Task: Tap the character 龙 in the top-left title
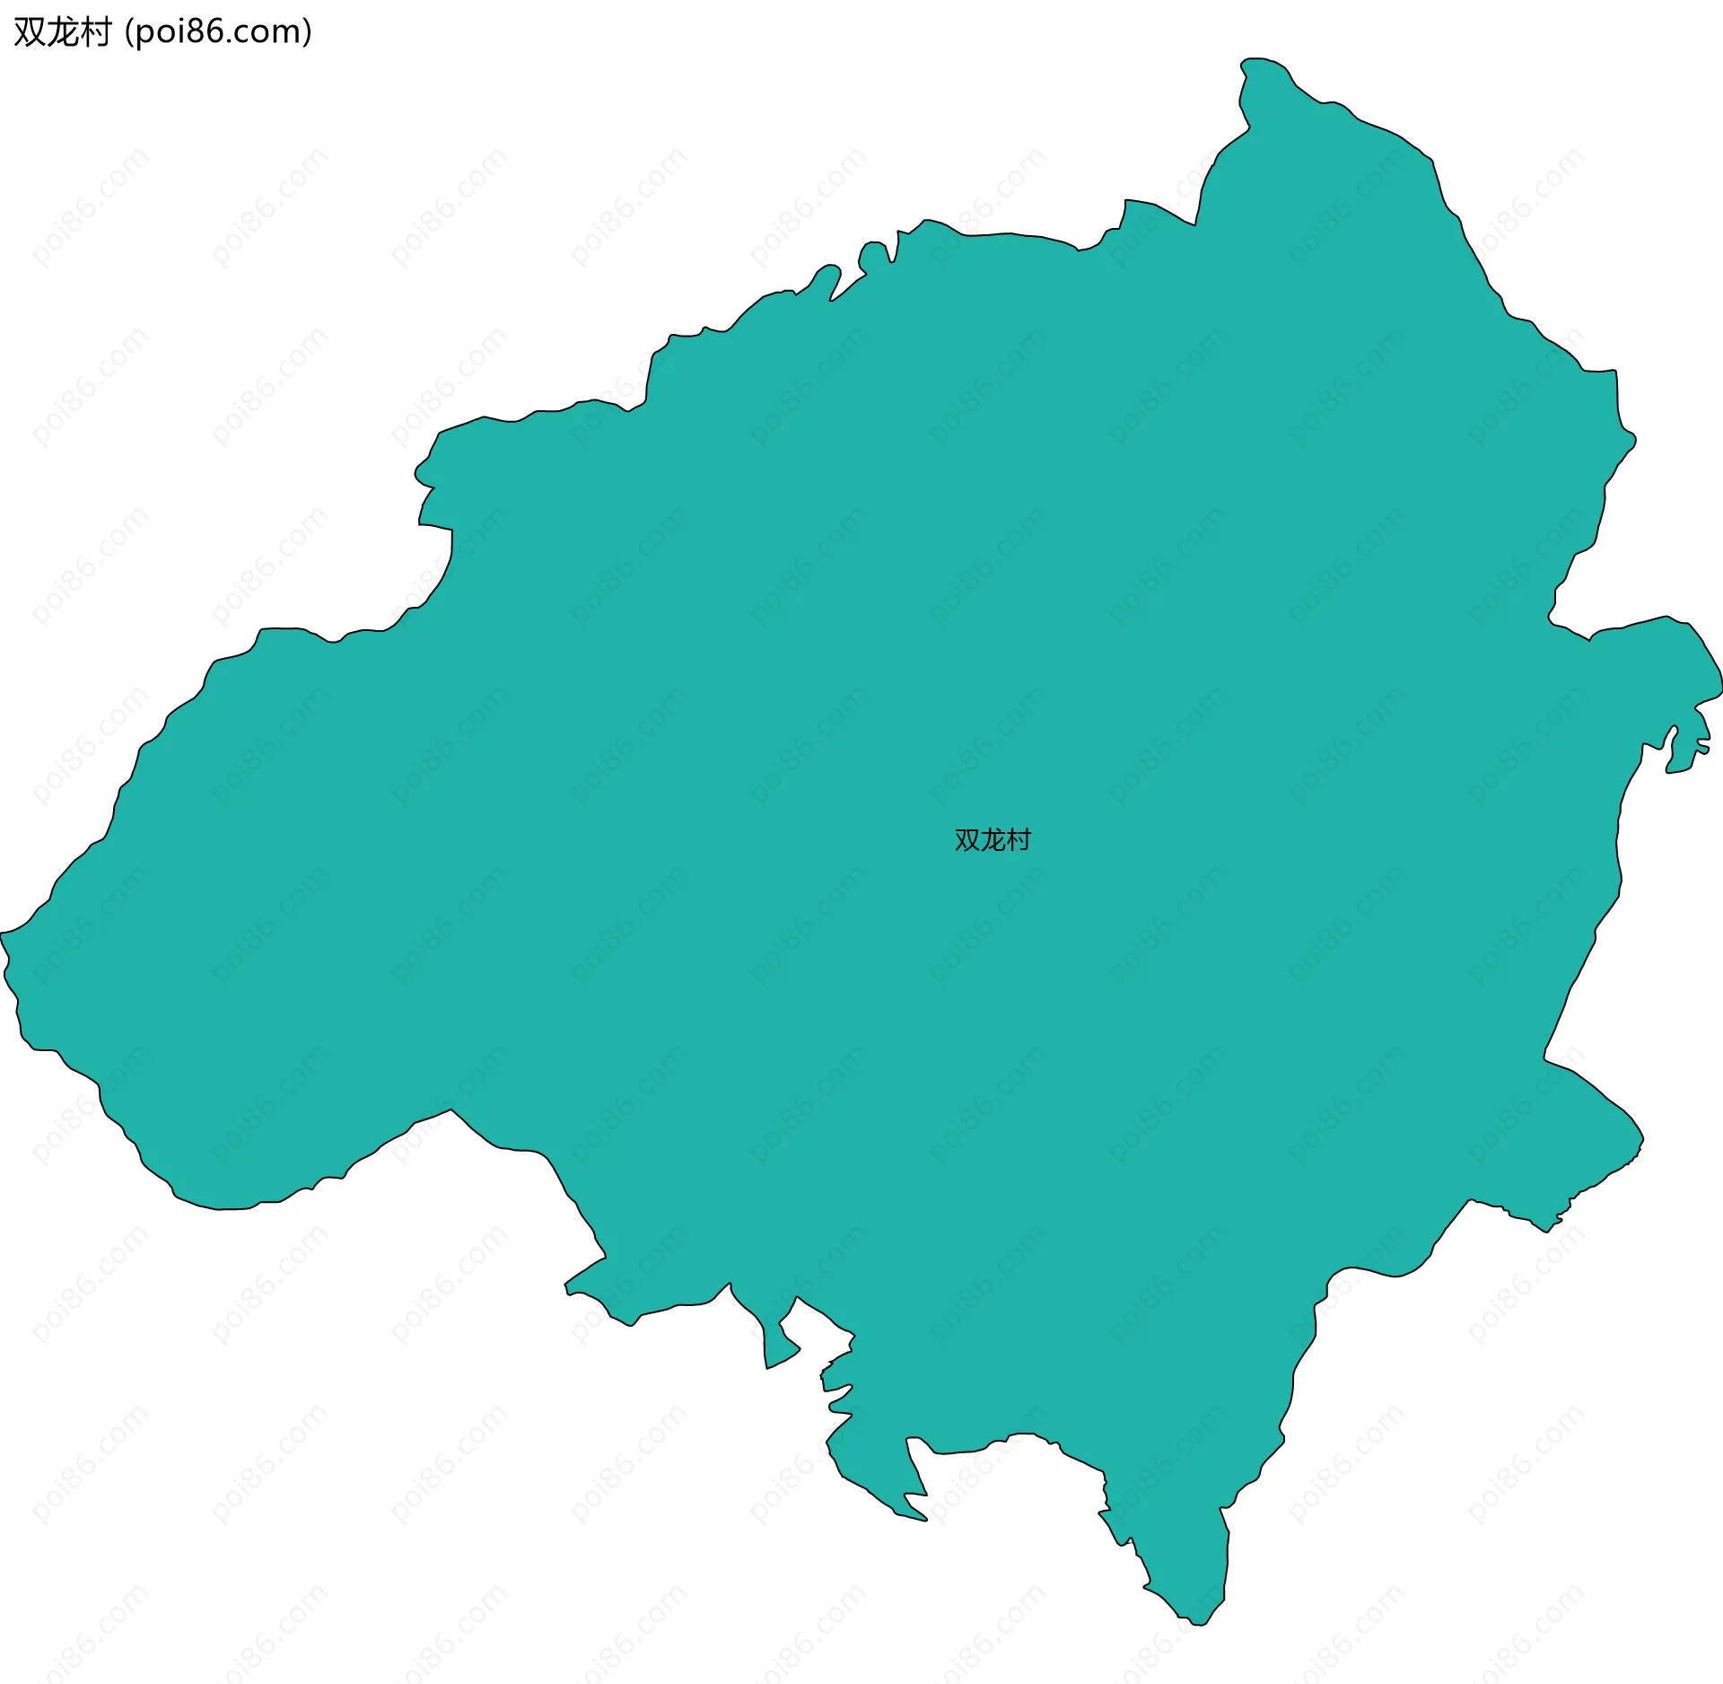(62, 32)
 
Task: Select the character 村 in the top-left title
(94, 32)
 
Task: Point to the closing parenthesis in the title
(308, 33)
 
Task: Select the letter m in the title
(287, 33)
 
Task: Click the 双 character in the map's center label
(967, 840)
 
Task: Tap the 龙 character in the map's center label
(993, 840)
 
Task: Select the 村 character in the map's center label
(1019, 840)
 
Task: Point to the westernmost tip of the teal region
(3, 934)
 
